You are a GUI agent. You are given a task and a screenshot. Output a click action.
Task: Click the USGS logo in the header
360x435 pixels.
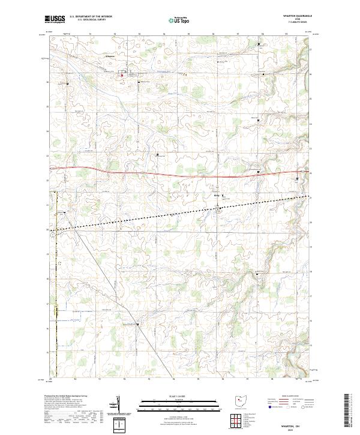click(56, 19)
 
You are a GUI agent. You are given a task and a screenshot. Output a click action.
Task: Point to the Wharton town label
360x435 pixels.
click(110, 56)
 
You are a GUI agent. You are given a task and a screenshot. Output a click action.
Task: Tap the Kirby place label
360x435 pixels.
click(217, 194)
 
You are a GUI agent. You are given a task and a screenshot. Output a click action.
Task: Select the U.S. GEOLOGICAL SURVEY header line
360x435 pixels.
click(91, 20)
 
